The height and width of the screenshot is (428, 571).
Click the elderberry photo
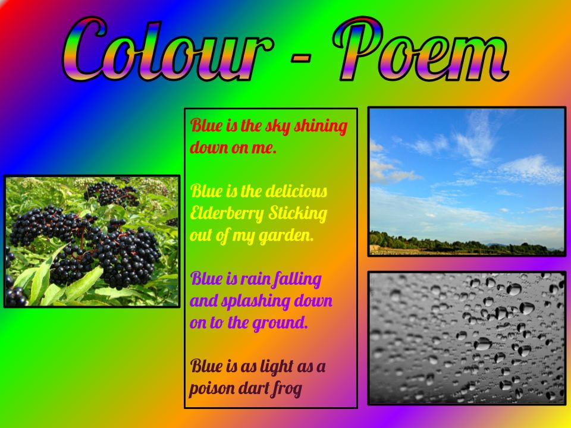[x=92, y=241]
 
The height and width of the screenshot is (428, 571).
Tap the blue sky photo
[x=466, y=172]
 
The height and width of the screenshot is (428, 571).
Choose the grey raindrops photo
[x=466, y=338]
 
